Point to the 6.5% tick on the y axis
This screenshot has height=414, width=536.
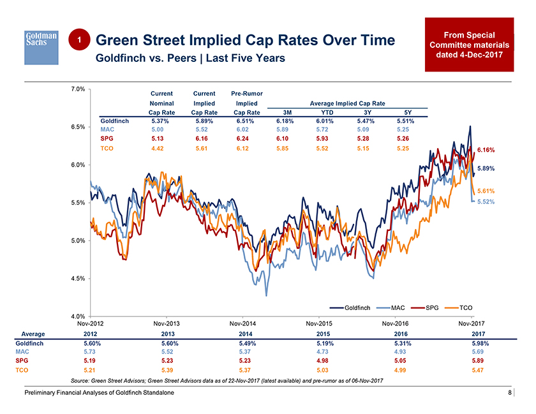pos(78,127)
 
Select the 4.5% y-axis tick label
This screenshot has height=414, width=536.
pos(78,279)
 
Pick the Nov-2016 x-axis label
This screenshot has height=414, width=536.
pos(394,324)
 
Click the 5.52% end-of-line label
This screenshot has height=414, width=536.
pos(487,202)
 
